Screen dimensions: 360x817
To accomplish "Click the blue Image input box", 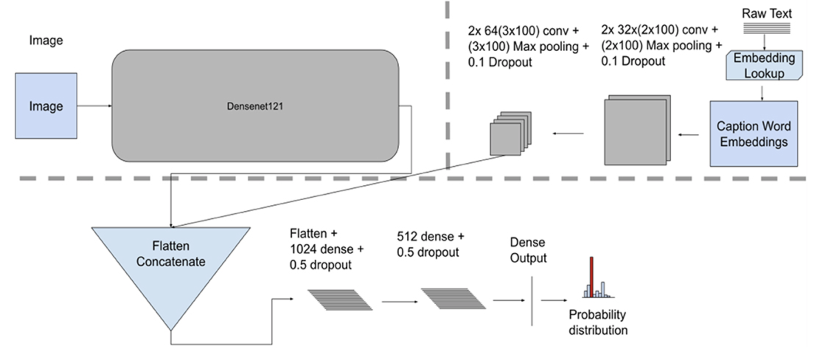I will [46, 106].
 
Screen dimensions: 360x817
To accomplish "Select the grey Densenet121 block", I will [255, 106].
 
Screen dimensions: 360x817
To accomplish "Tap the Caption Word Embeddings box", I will [754, 134].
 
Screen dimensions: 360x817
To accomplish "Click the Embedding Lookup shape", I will [764, 65].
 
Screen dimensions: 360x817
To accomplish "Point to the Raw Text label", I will [766, 14].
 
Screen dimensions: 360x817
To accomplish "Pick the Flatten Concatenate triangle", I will [171, 266].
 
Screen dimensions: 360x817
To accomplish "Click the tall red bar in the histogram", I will [591, 277].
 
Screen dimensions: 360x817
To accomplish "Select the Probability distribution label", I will [598, 322].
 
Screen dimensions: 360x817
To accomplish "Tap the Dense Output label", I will [528, 250].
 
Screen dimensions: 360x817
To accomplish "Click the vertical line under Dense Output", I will [532, 301].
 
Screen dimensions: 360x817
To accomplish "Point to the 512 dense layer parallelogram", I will [453, 299].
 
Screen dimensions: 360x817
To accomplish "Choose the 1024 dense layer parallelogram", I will [340, 300].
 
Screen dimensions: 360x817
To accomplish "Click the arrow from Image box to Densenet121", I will [94, 106].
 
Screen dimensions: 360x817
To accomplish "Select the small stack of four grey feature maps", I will [510, 134].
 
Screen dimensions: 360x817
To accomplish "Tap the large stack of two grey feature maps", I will [637, 130].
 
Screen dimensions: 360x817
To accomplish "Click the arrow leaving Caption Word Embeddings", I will [688, 135].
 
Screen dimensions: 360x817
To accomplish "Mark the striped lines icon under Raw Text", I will [766, 28].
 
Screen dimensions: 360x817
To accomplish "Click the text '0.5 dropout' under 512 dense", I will [428, 252].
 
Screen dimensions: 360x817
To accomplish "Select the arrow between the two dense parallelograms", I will [400, 302].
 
